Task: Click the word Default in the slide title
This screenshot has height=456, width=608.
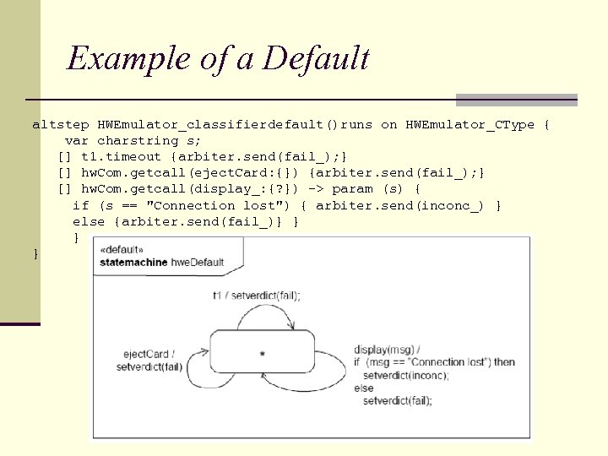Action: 316,58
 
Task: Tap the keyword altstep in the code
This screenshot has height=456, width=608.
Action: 61,125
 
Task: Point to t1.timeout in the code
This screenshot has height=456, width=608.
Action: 121,157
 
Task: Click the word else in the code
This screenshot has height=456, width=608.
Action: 89,221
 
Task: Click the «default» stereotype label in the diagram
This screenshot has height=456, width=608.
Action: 122,251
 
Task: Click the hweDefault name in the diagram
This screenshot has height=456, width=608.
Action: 198,262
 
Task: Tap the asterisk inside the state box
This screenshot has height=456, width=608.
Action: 263,353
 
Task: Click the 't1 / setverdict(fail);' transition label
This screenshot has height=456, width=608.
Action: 256,296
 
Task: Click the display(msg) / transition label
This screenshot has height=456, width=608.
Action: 387,350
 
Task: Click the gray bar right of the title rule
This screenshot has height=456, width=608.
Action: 516,100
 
